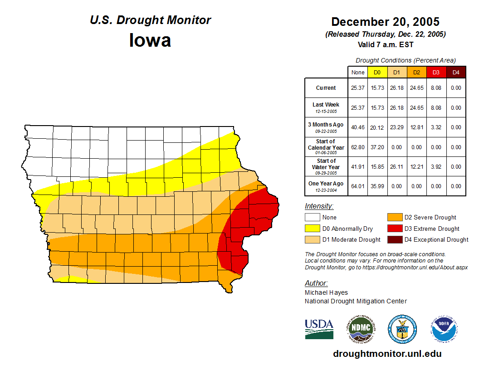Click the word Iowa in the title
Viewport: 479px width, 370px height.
click(150, 40)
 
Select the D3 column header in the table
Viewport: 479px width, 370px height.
click(435, 72)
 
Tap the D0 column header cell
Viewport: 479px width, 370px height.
click(377, 72)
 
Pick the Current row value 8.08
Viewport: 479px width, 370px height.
click(435, 88)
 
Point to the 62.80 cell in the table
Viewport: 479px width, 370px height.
click(358, 147)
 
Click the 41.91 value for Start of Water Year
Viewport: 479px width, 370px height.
click(358, 166)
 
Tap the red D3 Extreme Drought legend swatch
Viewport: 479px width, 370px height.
click(394, 229)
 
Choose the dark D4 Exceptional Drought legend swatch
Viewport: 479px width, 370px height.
click(394, 239)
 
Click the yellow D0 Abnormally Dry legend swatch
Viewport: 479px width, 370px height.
click(312, 229)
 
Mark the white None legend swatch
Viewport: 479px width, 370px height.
click(312, 218)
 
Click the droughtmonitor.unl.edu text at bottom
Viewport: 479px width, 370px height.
click(387, 354)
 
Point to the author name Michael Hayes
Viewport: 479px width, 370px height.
click(326, 292)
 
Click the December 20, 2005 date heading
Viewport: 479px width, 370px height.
click(385, 22)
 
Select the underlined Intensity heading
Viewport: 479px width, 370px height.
click(319, 206)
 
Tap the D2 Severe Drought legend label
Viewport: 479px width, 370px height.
click(430, 218)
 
